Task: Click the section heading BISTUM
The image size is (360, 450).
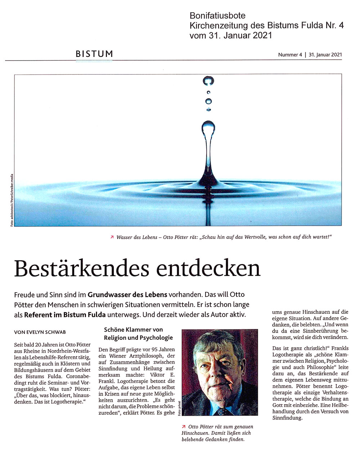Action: (94, 54)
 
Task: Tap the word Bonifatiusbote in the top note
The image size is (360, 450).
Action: (217, 15)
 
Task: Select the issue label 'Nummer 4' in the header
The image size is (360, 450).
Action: (290, 55)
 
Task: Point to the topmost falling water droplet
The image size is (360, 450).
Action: (208, 81)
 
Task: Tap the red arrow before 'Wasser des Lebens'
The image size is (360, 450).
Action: (112, 237)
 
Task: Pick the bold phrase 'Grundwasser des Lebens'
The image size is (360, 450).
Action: (127, 294)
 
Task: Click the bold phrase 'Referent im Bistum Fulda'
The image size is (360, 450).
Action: (65, 315)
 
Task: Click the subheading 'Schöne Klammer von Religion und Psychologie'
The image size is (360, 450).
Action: (138, 334)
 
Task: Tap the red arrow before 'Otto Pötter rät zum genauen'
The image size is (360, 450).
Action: (184, 427)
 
